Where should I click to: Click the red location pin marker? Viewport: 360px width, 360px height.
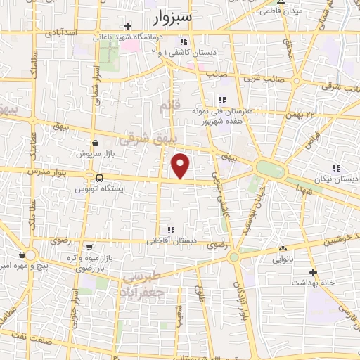tap(181, 165)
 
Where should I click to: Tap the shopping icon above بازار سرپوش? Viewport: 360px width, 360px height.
tap(85, 142)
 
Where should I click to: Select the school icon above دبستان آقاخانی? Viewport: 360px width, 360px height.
tap(169, 230)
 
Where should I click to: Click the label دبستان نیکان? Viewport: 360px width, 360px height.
tap(336, 179)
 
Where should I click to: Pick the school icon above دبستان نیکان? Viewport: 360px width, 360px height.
tap(336, 168)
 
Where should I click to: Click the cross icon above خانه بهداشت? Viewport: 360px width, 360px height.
tap(313, 271)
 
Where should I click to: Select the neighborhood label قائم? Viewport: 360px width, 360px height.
tap(165, 107)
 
